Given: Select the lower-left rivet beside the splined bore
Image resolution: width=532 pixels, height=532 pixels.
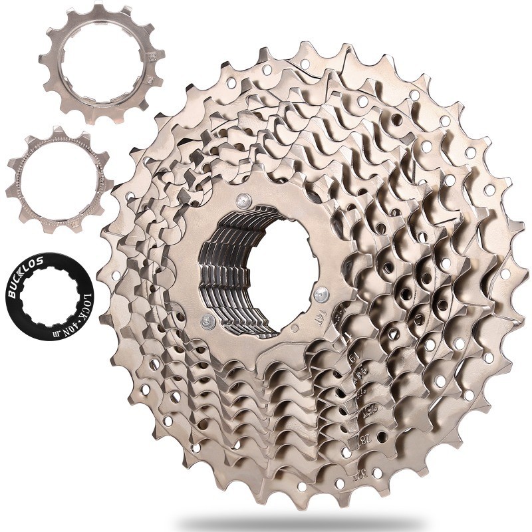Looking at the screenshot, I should click(x=208, y=323).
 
